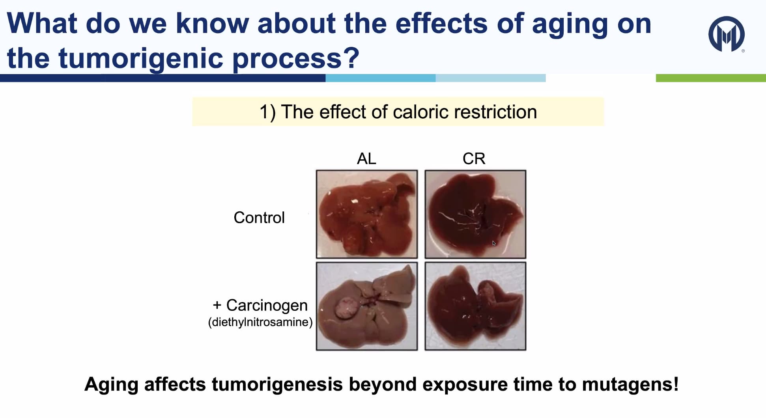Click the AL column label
[366, 159]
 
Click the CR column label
[474, 159]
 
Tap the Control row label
[259, 218]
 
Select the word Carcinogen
[267, 305]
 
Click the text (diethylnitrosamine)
[260, 322]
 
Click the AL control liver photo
[367, 214]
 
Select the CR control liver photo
[475, 214]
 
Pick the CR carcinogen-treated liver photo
[475, 306]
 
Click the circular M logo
[727, 34]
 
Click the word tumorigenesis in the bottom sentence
[277, 384]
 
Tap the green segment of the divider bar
[711, 78]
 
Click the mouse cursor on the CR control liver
[494, 243]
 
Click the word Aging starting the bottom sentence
[111, 384]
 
